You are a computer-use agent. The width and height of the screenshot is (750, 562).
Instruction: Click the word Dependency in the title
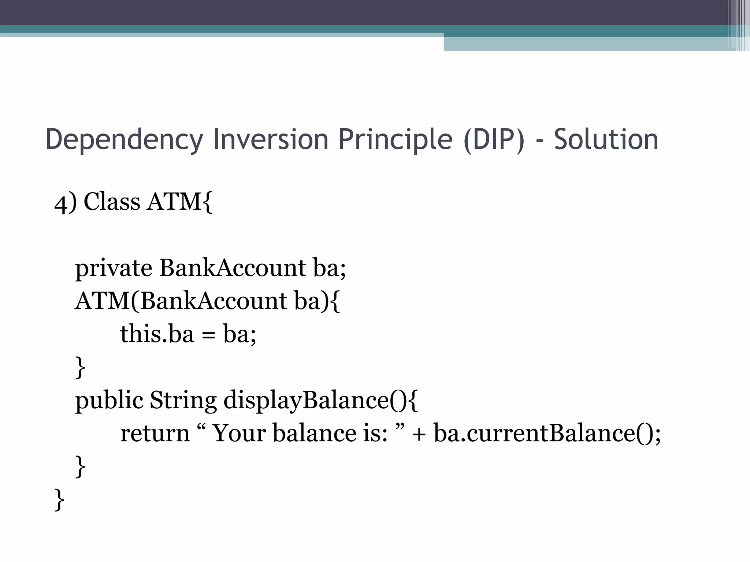point(124,140)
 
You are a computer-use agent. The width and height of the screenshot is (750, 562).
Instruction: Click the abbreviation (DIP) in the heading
point(494,140)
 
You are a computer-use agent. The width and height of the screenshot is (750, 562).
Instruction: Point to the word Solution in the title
point(606,140)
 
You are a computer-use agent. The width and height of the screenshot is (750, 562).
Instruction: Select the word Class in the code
point(112,202)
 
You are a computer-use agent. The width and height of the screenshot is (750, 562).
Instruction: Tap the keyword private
point(114,268)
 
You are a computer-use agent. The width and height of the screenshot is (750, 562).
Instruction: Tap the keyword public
point(109,400)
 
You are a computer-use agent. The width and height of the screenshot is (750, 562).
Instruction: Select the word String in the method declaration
point(183,400)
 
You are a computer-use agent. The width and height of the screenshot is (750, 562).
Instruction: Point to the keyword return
point(155,433)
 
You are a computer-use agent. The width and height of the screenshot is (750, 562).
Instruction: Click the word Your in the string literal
point(239,433)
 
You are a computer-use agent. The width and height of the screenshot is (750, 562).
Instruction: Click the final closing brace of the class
point(59,500)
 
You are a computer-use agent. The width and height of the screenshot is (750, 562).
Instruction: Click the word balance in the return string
point(315,433)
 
